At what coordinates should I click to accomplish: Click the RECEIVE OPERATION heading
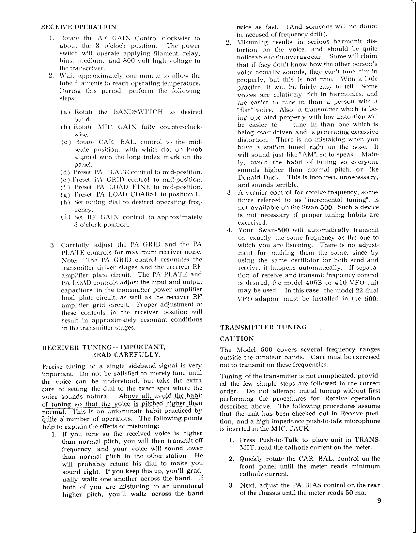click(79, 27)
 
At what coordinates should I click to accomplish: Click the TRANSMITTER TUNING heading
click(264, 327)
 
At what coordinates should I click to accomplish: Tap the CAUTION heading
click(237, 339)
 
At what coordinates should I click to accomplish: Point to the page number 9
click(378, 501)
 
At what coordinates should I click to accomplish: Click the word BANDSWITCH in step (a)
click(138, 112)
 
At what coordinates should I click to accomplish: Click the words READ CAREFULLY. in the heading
click(126, 354)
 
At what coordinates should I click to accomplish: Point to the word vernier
click(258, 192)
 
